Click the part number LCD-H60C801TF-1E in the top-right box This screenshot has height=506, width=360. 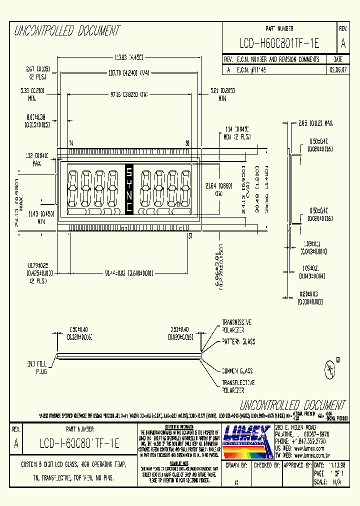pos(279,44)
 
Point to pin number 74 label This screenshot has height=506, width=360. pos(71,143)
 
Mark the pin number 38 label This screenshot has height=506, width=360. pos(187,143)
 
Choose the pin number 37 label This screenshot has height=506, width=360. pos(190,236)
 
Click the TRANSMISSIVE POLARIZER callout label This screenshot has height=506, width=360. pos(236,326)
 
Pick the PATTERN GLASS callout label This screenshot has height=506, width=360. pos(238,341)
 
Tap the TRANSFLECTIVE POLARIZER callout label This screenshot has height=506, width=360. pos(238,386)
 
